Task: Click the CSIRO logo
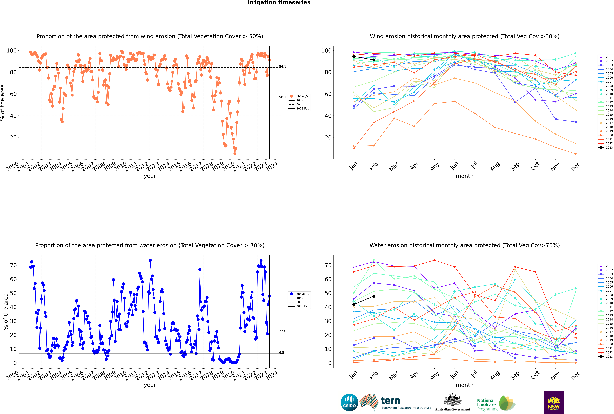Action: click(349, 402)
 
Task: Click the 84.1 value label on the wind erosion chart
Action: click(282, 67)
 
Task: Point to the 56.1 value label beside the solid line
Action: click(282, 97)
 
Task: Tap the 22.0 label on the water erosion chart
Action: click(282, 331)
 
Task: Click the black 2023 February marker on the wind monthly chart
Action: click(374, 60)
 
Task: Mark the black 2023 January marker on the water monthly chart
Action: click(354, 304)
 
